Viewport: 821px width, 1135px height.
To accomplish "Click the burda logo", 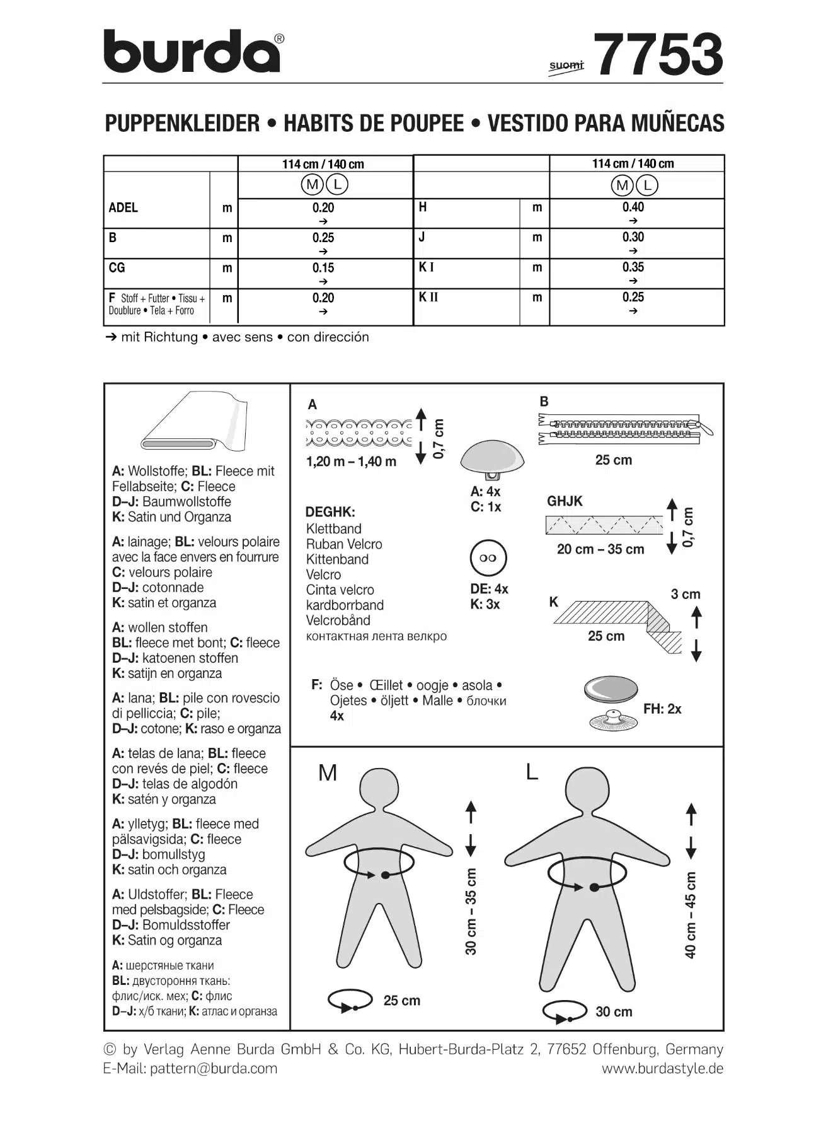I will coord(192,52).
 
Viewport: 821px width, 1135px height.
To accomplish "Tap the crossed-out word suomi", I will coord(566,66).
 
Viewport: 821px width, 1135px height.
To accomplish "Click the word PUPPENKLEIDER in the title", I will coord(182,123).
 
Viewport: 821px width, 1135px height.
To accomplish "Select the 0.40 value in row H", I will coord(633,207).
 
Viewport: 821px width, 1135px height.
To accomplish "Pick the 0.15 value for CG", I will coord(323,268).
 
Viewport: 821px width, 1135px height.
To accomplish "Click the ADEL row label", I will coord(123,208).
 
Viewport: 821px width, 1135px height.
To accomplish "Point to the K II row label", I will coord(428,297).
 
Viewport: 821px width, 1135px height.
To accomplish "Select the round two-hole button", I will coord(488,558).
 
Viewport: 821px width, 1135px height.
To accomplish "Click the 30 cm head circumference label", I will coord(614,1011).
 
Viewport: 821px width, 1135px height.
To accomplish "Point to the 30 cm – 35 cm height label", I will coord(471,911).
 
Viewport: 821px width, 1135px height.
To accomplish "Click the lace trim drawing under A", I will coord(359,432).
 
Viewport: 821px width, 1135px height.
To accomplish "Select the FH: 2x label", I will coord(662,709).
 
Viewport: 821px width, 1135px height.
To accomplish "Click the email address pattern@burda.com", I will coord(213,1068).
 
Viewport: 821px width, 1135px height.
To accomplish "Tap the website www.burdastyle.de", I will coord(662,1068).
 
